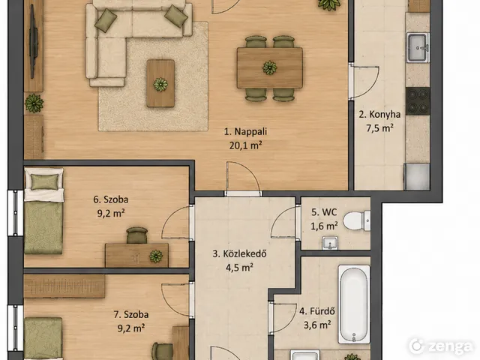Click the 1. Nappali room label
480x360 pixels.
pyautogui.click(x=245, y=132)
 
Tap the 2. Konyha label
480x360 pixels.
pyautogui.click(x=379, y=115)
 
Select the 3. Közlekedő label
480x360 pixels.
pyautogui.click(x=239, y=253)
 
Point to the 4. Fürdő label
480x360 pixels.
pyautogui.click(x=317, y=311)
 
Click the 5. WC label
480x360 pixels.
pyautogui.click(x=324, y=212)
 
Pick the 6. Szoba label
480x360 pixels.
pyautogui.click(x=111, y=199)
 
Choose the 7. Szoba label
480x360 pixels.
pyautogui.click(x=131, y=314)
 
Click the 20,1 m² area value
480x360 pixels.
pyautogui.click(x=245, y=145)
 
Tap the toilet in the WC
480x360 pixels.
pyautogui.click(x=356, y=220)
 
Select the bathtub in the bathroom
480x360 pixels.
pyautogui.click(x=354, y=304)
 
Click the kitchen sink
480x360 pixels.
pyautogui.click(x=418, y=48)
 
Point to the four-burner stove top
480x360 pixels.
pyautogui.click(x=418, y=100)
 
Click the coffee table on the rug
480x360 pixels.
pyautogui.click(x=160, y=83)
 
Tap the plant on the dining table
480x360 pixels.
pyautogui.click(x=270, y=67)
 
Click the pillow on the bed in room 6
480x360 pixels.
pyautogui.click(x=45, y=181)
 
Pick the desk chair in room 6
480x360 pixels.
pyautogui.click(x=136, y=235)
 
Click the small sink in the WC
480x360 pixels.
pyautogui.click(x=330, y=243)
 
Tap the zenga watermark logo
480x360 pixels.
pyautogui.click(x=441, y=346)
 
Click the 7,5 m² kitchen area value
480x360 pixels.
pyautogui.click(x=379, y=128)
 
